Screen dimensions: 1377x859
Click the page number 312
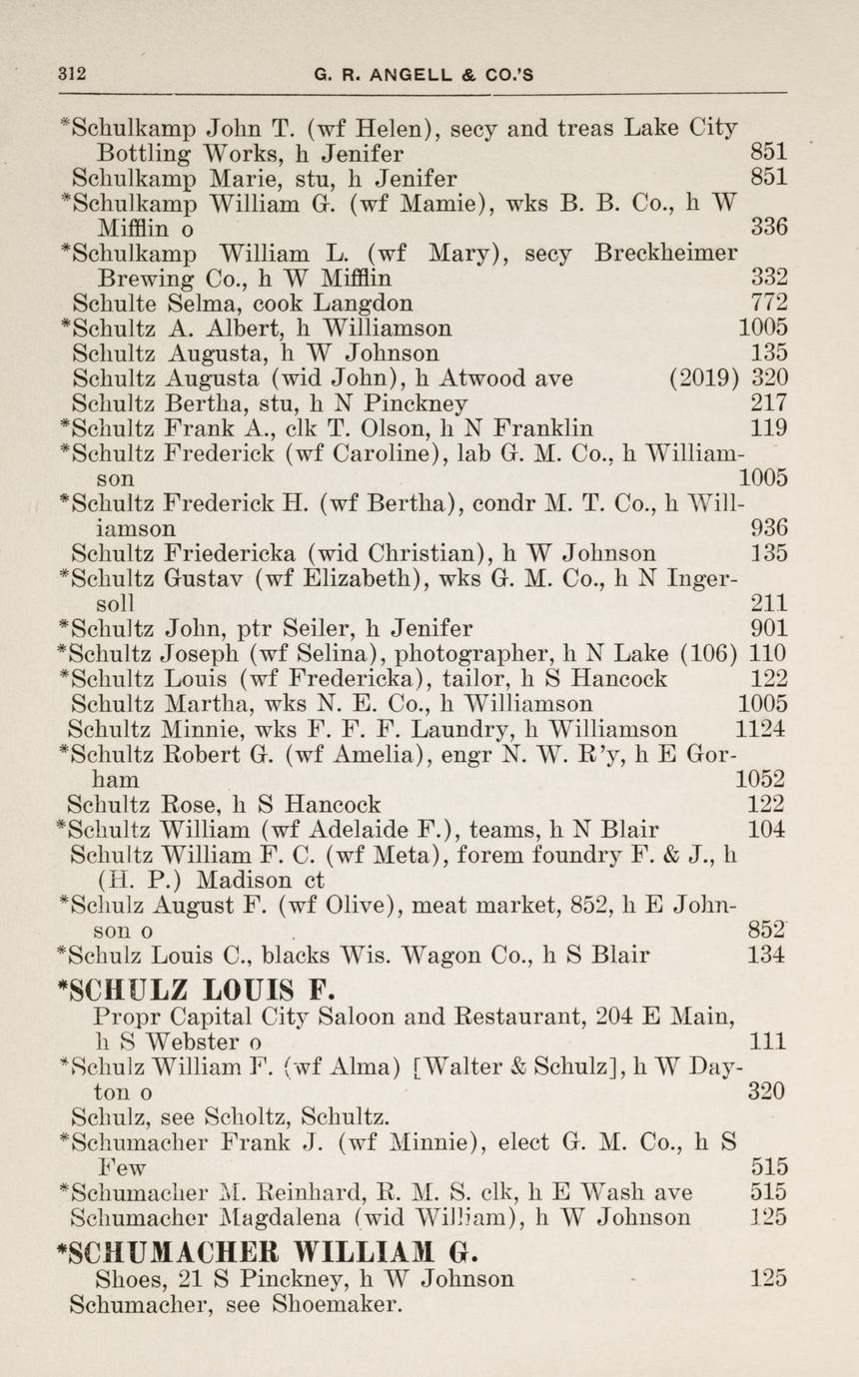coord(72,73)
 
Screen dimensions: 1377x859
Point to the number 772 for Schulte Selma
coord(768,303)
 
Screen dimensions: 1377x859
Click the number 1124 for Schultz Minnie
coord(759,730)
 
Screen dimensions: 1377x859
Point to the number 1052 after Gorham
coord(760,780)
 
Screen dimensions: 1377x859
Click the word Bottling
coord(142,154)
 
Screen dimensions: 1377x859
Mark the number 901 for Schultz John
coord(768,629)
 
